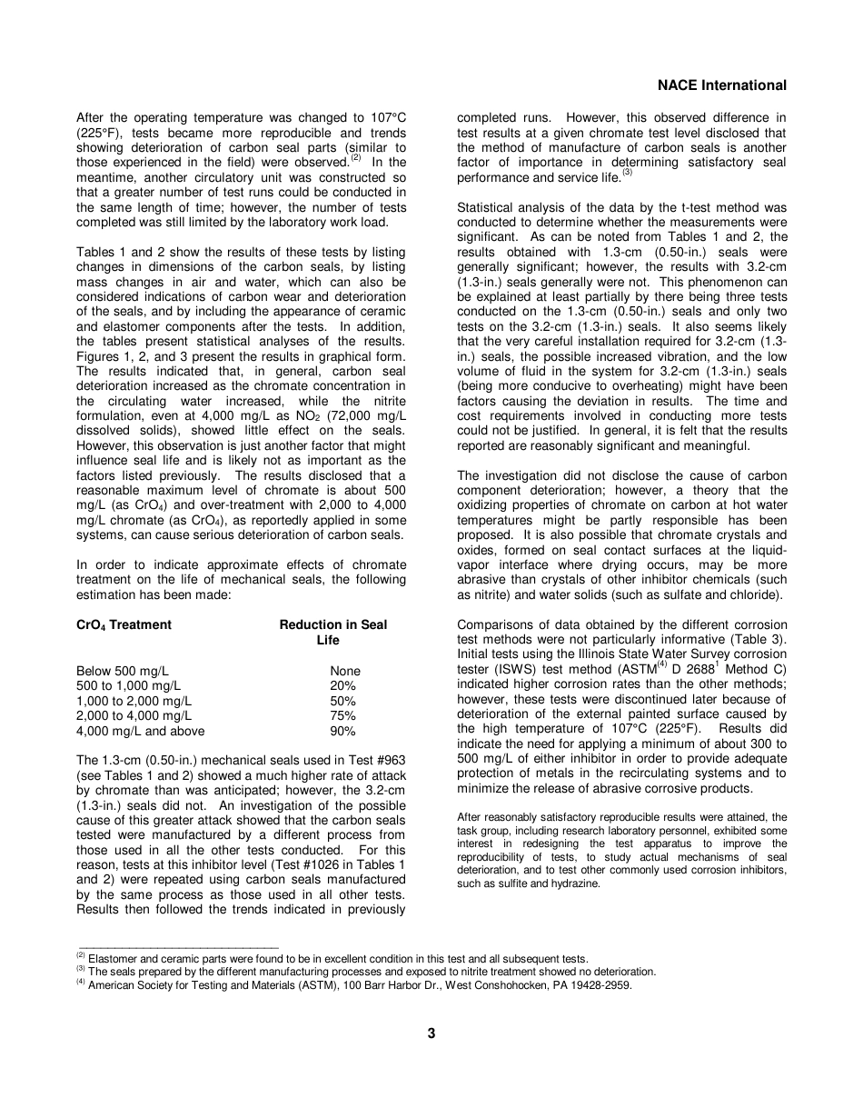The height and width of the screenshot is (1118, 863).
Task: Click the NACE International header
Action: pos(721,85)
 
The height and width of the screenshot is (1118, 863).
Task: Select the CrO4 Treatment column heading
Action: pos(124,624)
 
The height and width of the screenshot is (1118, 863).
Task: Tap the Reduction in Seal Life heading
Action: pos(332,632)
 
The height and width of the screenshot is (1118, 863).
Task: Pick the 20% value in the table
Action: pos(343,686)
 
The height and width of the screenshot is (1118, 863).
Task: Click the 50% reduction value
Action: pos(343,701)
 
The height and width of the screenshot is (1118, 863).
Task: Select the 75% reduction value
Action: pos(343,716)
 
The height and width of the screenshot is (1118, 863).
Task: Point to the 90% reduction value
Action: pos(343,731)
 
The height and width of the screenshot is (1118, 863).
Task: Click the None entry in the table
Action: pos(345,671)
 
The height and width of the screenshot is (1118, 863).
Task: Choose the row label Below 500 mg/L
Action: pos(123,671)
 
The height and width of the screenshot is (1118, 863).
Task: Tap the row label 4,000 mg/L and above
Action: pos(141,731)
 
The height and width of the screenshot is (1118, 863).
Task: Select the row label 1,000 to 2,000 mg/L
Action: pos(134,701)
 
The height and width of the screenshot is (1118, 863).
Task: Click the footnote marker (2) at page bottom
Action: pos(81,956)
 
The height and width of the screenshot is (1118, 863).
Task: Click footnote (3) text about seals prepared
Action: pos(363,971)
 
